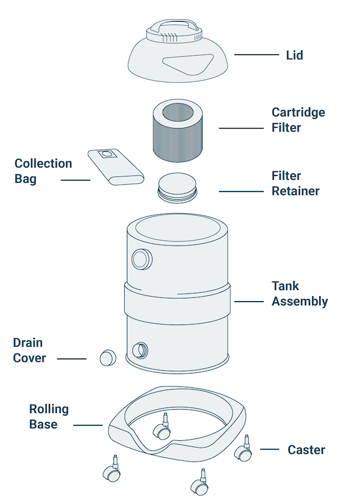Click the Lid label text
click(294, 55)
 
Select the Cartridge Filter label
click(298, 120)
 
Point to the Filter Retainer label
click(295, 183)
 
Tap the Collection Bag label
click(43, 171)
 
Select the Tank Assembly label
click(299, 293)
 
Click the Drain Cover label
click(29, 350)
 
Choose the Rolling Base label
click(49, 416)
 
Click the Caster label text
click(306, 450)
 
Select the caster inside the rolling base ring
click(164, 429)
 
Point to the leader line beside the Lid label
click(257, 55)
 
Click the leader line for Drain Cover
click(72, 358)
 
